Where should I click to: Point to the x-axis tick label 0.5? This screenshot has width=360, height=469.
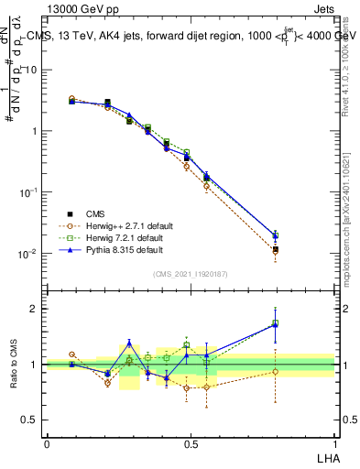[x=190, y=443]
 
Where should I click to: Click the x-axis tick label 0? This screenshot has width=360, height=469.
[x=47, y=443]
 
